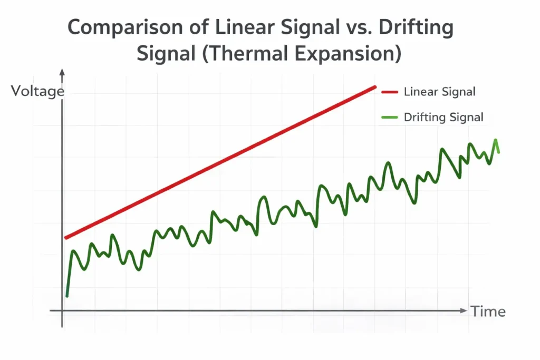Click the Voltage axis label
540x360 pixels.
37,91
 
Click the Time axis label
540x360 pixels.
488,312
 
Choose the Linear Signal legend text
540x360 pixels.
439,92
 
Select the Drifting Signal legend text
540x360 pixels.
443,118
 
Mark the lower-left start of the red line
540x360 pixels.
66,238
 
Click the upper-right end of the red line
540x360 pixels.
375,87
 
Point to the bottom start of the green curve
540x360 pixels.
67,296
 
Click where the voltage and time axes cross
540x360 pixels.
62,310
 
